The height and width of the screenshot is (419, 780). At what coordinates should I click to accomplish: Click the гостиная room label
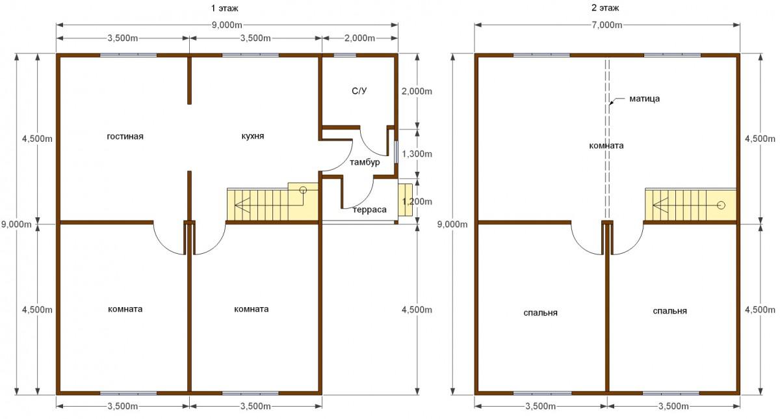pyautogui.click(x=125, y=136)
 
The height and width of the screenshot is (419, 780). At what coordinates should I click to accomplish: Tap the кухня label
pyautogui.click(x=253, y=136)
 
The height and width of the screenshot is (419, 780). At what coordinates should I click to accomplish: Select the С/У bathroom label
pyautogui.click(x=359, y=91)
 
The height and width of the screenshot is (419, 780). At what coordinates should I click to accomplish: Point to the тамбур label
pyautogui.click(x=365, y=162)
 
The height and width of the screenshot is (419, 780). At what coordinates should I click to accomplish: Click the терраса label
pyautogui.click(x=370, y=210)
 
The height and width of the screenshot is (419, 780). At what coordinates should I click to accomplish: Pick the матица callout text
pyautogui.click(x=645, y=99)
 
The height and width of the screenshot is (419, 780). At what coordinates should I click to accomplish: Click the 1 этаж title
pyautogui.click(x=225, y=8)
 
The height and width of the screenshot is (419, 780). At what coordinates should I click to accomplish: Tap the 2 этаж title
pyautogui.click(x=605, y=8)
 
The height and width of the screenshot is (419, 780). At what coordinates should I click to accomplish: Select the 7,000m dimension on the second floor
pyautogui.click(x=607, y=25)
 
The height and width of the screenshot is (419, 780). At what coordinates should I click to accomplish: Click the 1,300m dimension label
pyautogui.click(x=417, y=154)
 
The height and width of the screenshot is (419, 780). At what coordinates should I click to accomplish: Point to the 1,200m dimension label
pyautogui.click(x=417, y=202)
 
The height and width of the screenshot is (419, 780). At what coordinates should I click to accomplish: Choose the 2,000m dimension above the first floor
pyautogui.click(x=359, y=38)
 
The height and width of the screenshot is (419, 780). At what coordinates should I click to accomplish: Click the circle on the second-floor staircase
pyautogui.click(x=721, y=206)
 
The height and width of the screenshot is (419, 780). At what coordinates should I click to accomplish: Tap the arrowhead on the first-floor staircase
pyautogui.click(x=242, y=205)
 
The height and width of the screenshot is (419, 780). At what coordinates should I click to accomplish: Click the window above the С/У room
pyautogui.click(x=345, y=55)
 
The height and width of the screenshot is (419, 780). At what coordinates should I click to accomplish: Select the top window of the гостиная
pyautogui.click(x=129, y=55)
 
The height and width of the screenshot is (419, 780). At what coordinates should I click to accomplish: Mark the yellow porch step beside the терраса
pyautogui.click(x=406, y=200)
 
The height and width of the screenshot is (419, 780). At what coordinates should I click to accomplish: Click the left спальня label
pyautogui.click(x=540, y=313)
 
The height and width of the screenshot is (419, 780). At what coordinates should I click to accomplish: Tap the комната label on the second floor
pyautogui.click(x=606, y=146)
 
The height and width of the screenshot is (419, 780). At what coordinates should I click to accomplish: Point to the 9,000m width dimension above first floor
pyautogui.click(x=227, y=25)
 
